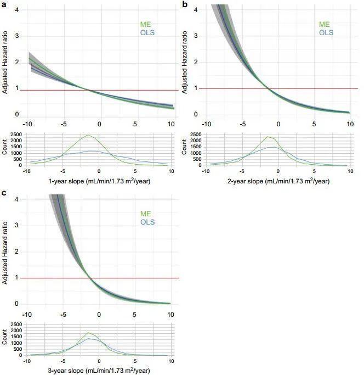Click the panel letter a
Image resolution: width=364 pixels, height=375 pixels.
pyautogui.click(x=4, y=4)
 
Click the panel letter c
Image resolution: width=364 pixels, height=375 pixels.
pyautogui.click(x=4, y=193)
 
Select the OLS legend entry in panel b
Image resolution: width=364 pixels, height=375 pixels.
pyautogui.click(x=326, y=32)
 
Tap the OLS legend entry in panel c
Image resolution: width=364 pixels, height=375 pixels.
pyautogui.click(x=147, y=222)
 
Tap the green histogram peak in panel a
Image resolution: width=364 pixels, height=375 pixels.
pyautogui.click(x=88, y=135)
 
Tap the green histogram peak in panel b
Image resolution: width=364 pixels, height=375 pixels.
pyautogui.click(x=268, y=137)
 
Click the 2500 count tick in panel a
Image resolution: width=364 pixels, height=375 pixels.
pyautogui.click(x=15, y=135)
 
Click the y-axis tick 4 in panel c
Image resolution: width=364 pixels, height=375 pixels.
pyautogui.click(x=18, y=199)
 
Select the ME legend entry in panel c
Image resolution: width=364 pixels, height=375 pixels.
pyautogui.click(x=146, y=215)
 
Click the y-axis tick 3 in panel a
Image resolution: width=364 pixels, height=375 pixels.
pyautogui.click(x=18, y=36)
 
